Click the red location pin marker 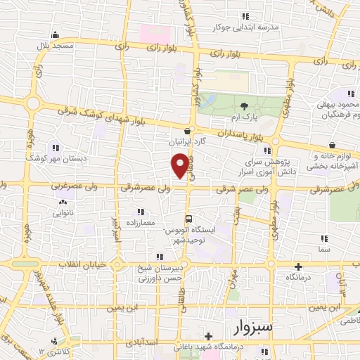(x=180, y=166)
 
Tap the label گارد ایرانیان (x=186, y=141)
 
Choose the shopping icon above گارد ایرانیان (x=186, y=130)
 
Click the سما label (x=323, y=249)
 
